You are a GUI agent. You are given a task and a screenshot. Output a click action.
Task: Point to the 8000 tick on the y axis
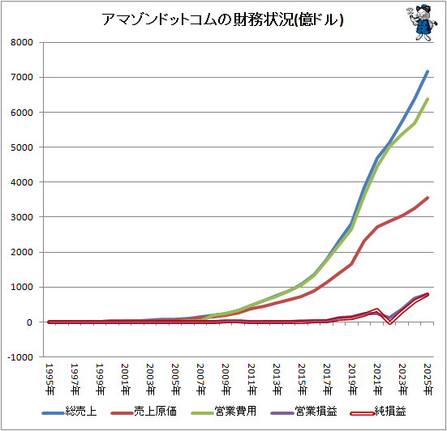(x=21, y=42)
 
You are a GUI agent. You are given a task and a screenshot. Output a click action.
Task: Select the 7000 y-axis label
(x=21, y=77)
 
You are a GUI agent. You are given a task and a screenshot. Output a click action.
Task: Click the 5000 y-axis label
(x=21, y=147)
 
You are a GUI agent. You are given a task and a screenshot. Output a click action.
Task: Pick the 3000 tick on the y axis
(x=21, y=217)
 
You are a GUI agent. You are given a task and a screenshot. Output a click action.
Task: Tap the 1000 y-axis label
(x=21, y=287)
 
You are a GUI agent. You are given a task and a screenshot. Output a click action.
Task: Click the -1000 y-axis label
(x=19, y=357)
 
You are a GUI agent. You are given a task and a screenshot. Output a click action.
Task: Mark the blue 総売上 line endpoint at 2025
(x=428, y=71)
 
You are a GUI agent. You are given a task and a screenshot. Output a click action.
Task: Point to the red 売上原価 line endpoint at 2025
(x=428, y=198)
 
